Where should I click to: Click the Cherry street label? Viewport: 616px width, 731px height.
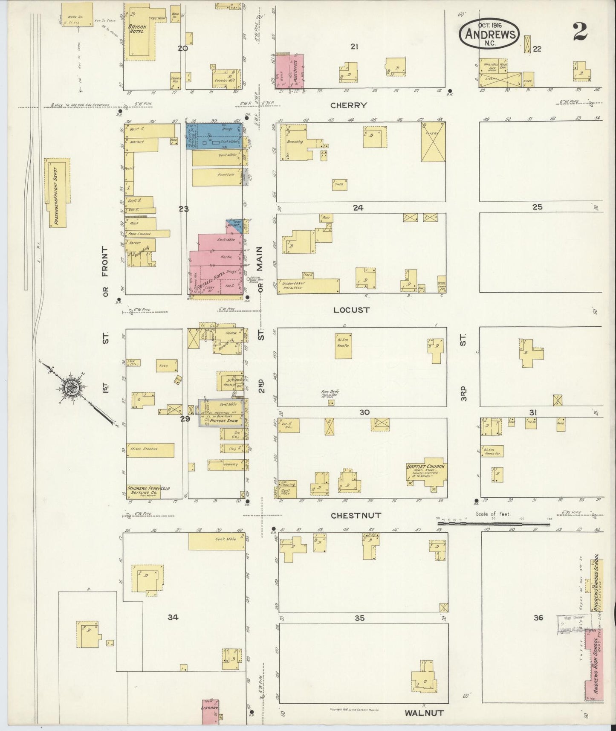(348, 105)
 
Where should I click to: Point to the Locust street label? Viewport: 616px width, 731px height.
(351, 310)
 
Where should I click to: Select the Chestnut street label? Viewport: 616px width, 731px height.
(356, 515)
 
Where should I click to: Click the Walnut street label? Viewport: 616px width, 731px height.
(424, 712)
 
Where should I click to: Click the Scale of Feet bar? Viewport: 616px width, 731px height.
(495, 521)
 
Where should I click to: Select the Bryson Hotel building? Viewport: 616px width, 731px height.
(141, 32)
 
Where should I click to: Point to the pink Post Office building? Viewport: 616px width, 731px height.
(292, 72)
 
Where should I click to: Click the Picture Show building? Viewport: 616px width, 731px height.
(222, 413)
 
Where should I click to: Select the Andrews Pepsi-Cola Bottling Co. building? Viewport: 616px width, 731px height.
(147, 491)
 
